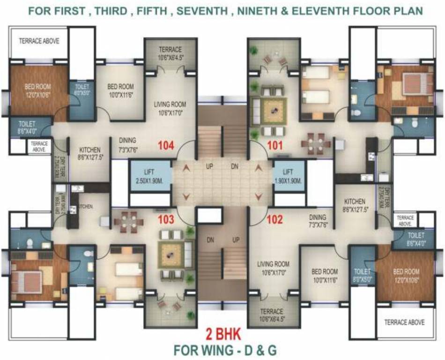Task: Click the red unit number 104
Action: pos(166,145)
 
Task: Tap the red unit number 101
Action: pos(275,145)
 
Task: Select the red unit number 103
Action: pos(166,219)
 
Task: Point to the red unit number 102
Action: pos(275,219)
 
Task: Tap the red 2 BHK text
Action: pos(223,334)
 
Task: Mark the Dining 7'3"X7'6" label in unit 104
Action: pos(127,144)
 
